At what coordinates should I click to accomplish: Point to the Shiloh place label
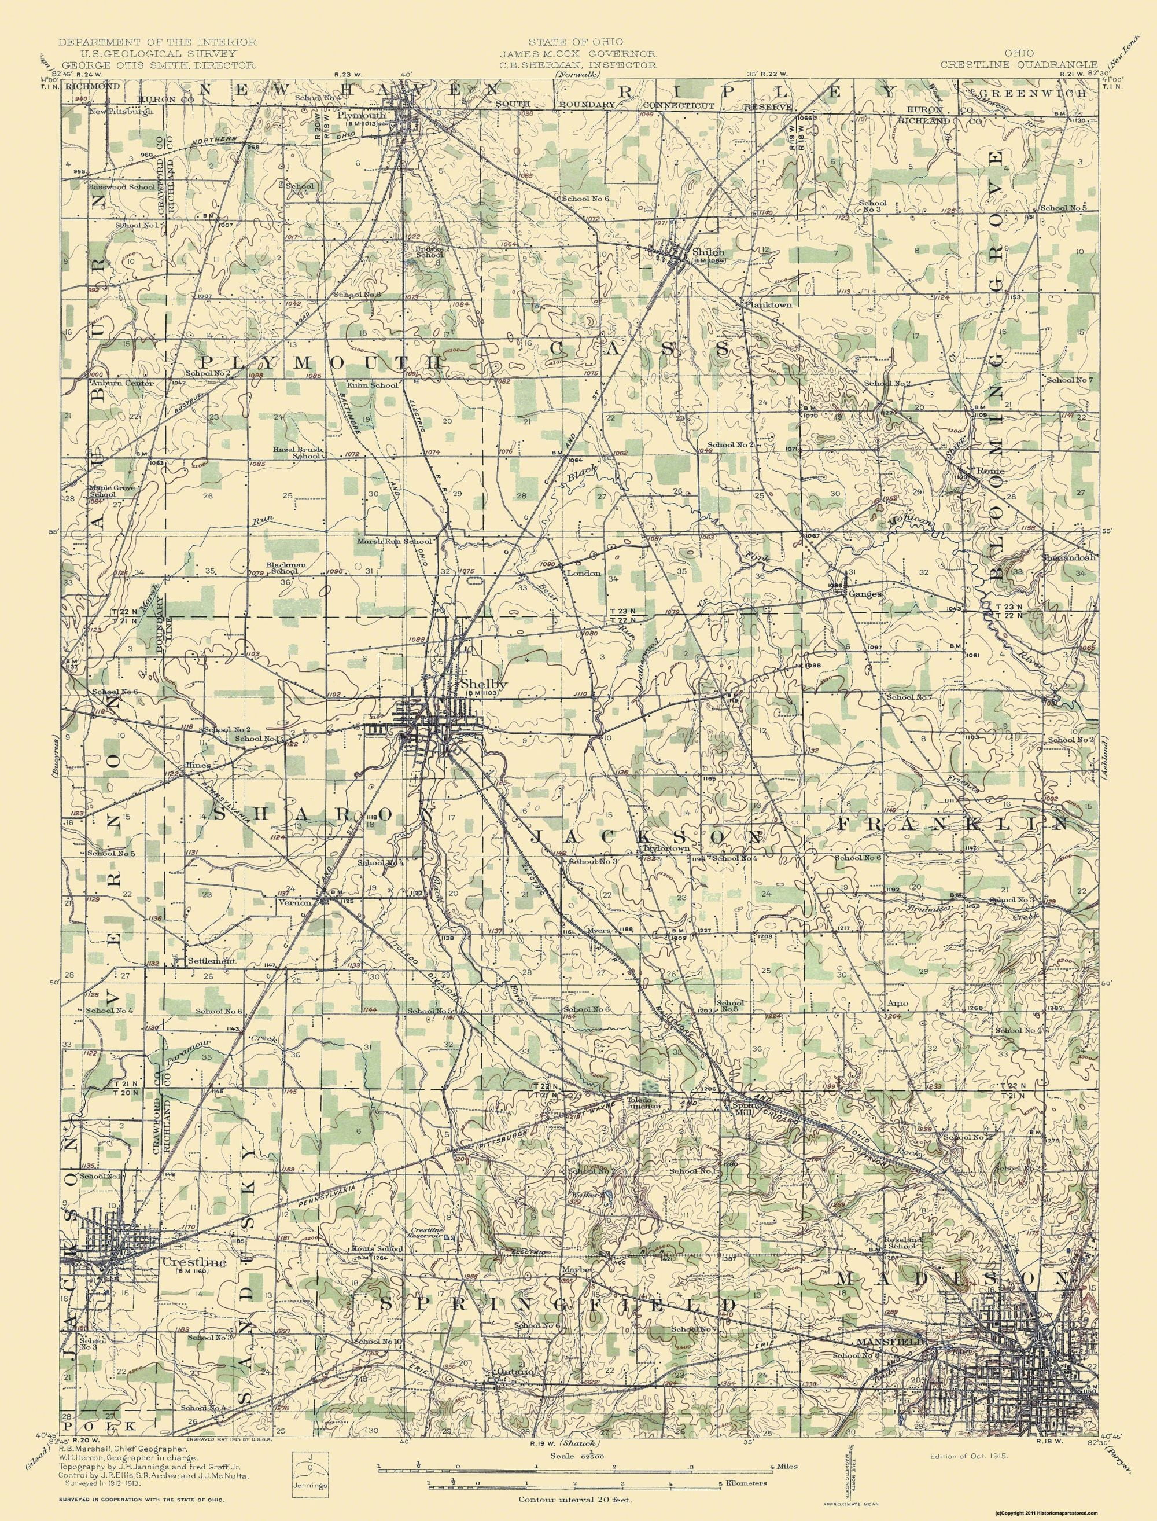coord(709,252)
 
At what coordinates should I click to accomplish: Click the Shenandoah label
coord(1068,557)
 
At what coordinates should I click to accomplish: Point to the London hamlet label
coord(583,572)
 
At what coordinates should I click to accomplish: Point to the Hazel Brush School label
coord(298,453)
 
